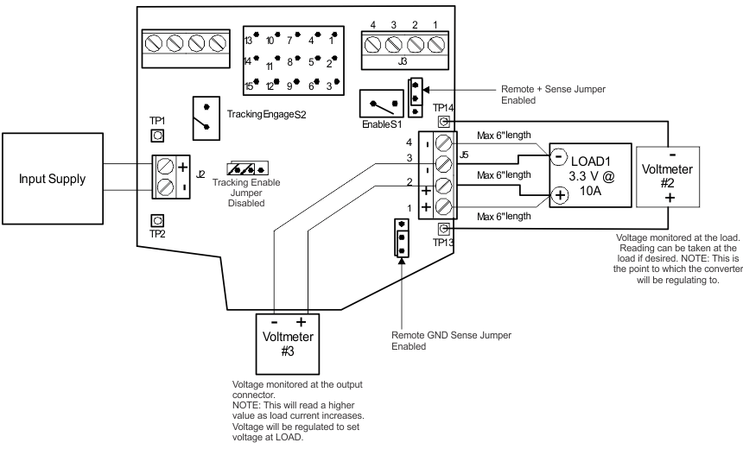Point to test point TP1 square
pos(157,135)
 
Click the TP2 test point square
pos(157,220)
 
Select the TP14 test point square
pos(443,122)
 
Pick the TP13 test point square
pos(443,229)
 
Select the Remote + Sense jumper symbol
pos(416,94)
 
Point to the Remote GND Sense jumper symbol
pos(400,237)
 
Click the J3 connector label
pos(403,60)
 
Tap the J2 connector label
pos(200,174)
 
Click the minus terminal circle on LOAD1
pos(558,156)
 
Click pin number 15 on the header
pos(249,85)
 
